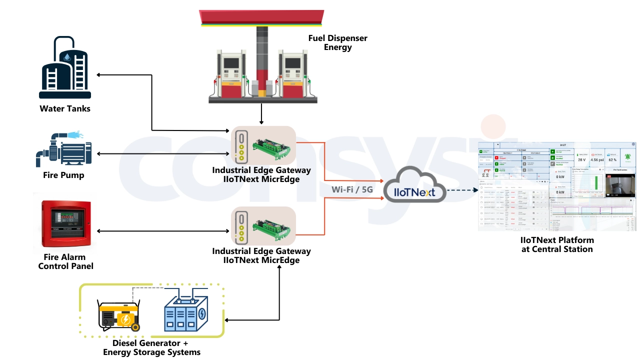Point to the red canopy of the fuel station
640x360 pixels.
(x=262, y=17)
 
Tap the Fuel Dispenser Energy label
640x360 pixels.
(x=337, y=43)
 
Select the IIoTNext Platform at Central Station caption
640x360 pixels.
(x=556, y=244)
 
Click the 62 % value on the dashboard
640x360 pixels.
(x=612, y=159)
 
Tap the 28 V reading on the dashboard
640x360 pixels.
(x=581, y=159)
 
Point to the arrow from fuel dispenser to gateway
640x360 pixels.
(x=261, y=114)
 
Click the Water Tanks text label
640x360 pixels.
(x=65, y=108)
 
